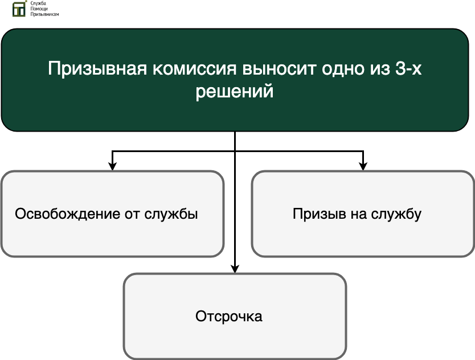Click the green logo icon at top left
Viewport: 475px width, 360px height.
click(19, 9)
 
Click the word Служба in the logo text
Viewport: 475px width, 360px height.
click(38, 3)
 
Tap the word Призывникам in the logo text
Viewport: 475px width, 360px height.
click(44, 14)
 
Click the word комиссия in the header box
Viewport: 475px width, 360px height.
click(194, 69)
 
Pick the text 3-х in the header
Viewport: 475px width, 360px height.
click(408, 68)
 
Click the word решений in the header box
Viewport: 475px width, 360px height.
click(235, 91)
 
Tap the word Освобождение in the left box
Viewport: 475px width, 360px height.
click(68, 214)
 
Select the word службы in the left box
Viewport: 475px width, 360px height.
click(171, 214)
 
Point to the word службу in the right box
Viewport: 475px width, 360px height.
click(396, 214)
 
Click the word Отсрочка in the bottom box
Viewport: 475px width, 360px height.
click(229, 316)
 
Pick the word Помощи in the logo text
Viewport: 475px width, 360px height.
click(39, 9)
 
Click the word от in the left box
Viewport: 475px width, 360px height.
click(132, 214)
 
